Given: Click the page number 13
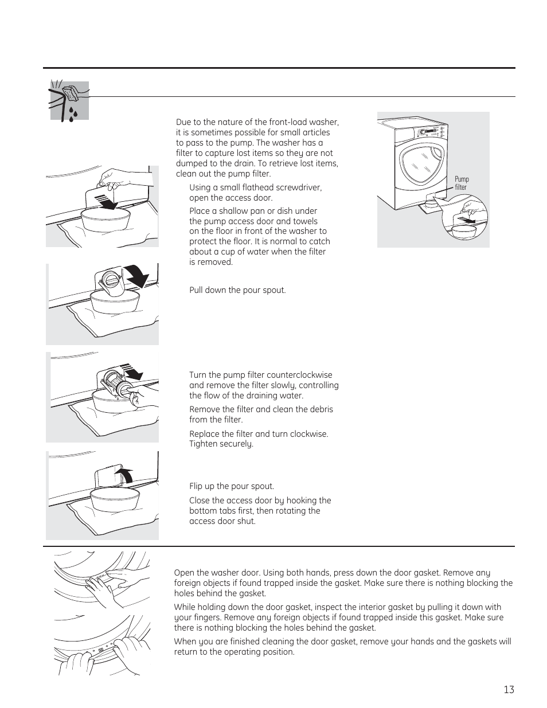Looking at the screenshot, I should [509, 690].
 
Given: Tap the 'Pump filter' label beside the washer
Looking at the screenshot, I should [462, 183].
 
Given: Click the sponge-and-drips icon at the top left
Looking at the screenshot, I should [69, 101].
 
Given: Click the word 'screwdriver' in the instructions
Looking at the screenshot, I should [295, 187].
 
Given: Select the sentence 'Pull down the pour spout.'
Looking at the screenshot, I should [237, 290].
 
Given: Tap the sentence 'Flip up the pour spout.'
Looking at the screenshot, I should [232, 486].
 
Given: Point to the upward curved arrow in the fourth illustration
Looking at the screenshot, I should [124, 475].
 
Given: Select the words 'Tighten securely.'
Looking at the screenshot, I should [221, 444].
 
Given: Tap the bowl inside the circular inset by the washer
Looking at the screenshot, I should [464, 232].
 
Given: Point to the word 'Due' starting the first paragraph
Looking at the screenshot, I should [183, 122].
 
